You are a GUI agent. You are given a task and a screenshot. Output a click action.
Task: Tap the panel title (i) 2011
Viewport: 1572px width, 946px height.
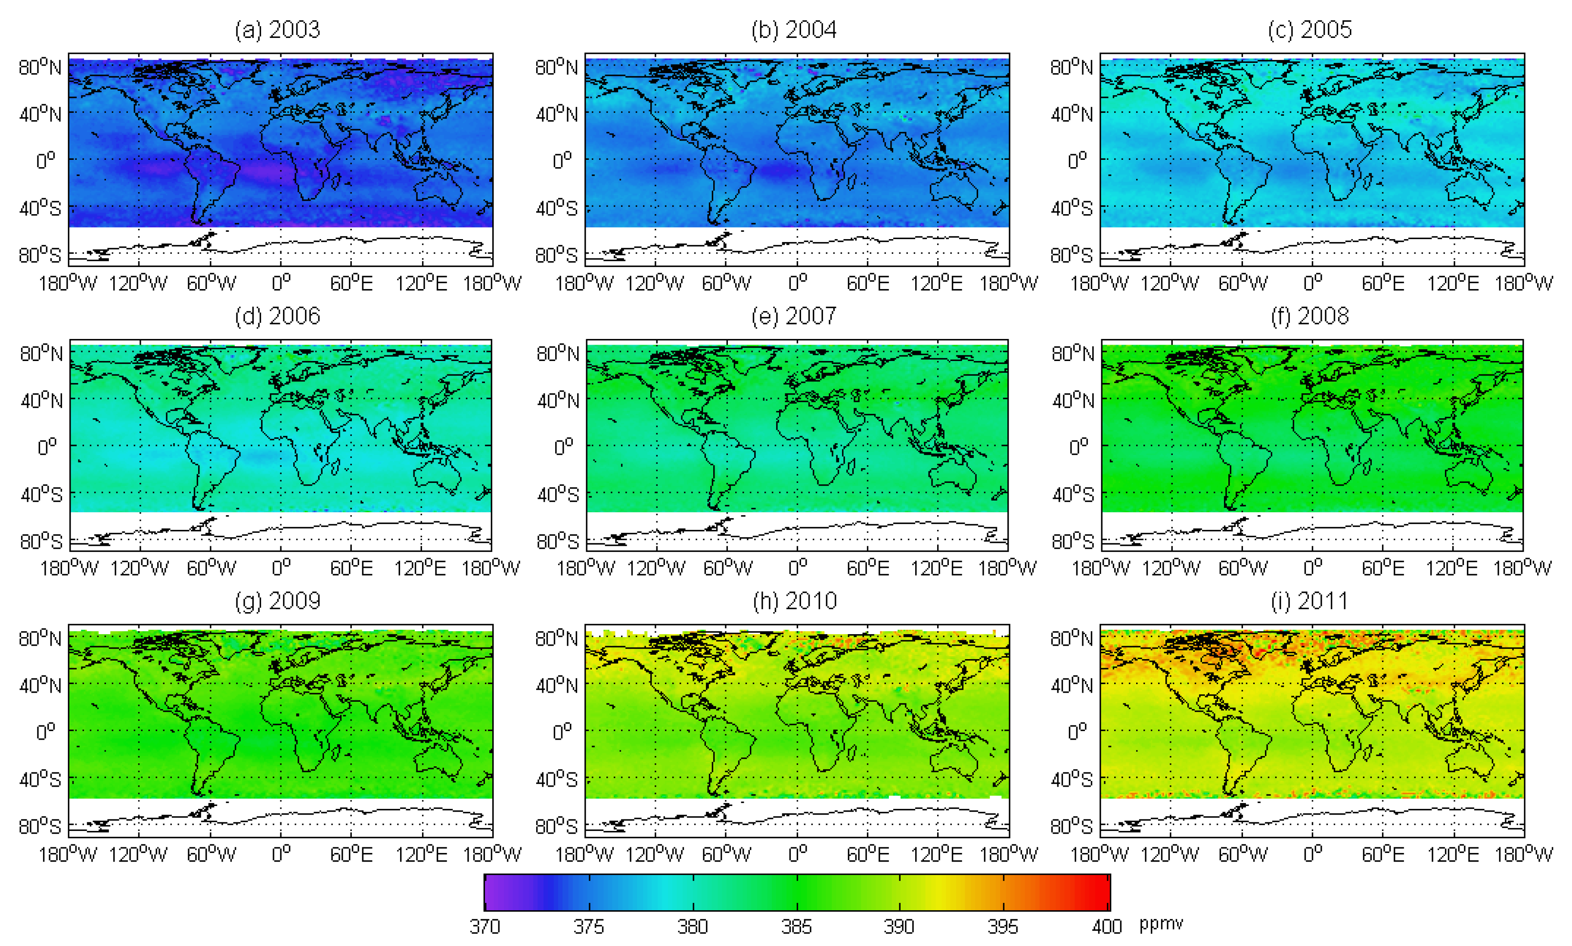(1309, 601)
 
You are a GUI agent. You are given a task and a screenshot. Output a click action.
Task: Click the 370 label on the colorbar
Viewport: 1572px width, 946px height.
(485, 926)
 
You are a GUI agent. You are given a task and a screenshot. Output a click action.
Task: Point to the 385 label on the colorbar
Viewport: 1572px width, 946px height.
(796, 926)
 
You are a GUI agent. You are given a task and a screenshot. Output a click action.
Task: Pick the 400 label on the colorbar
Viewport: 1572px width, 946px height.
(1107, 926)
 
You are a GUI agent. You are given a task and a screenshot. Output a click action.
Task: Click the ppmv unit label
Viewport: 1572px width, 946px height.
(1161, 924)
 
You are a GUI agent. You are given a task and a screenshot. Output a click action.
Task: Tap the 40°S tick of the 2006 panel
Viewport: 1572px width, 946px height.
(41, 495)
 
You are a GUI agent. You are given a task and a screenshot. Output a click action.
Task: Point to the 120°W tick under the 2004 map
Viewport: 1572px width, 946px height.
(654, 283)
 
